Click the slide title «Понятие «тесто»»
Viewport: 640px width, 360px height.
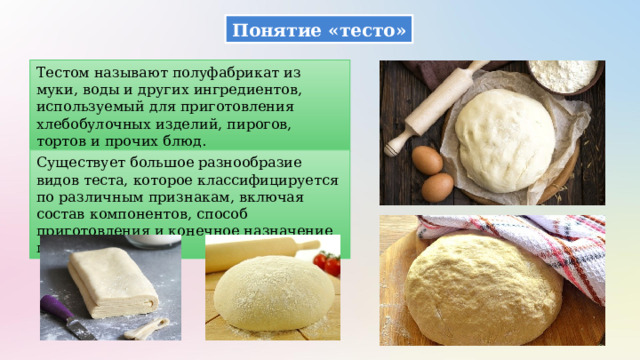[x=319, y=29]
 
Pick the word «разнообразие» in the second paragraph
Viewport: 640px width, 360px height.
[x=239, y=159]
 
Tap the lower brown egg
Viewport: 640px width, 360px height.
[x=437, y=187]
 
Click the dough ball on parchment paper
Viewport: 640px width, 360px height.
[x=506, y=136]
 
